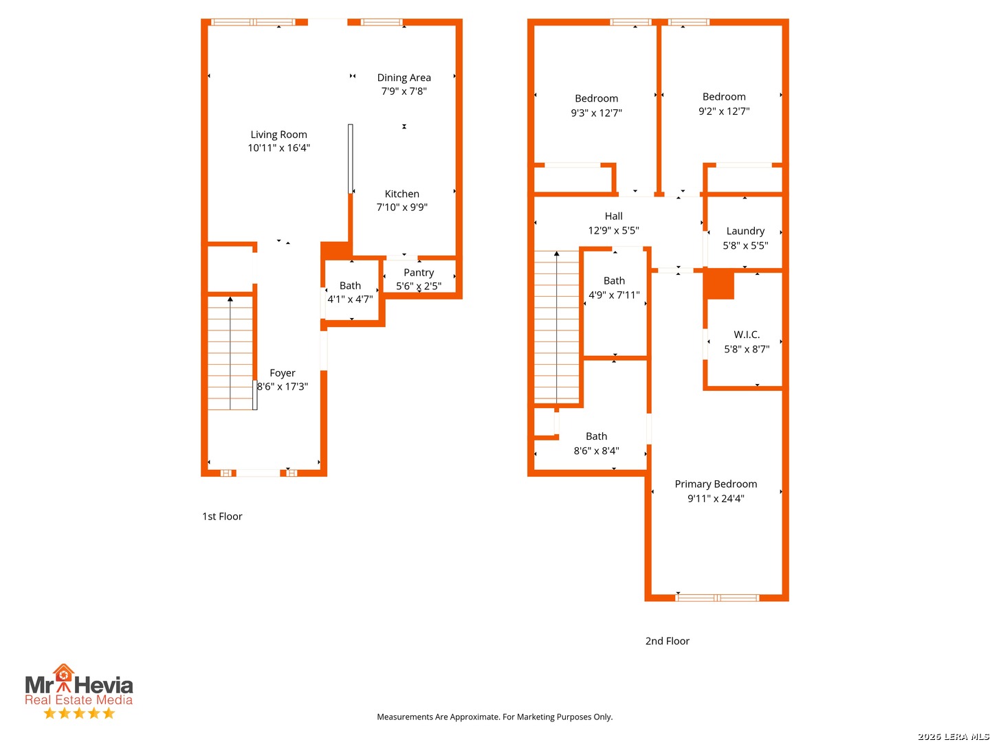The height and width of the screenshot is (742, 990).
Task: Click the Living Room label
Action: pos(278,134)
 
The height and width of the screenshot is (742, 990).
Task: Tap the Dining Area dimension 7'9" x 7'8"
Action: pos(404,91)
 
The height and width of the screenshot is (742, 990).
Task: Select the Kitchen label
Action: pos(401,194)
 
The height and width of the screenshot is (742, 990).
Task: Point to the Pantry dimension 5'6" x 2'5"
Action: pos(418,286)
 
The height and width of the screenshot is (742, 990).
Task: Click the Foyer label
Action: pos(282,372)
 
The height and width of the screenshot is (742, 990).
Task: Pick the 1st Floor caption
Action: pos(221,516)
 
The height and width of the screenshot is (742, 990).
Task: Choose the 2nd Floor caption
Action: pos(667,640)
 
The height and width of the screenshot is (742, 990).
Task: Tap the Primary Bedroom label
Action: pos(715,484)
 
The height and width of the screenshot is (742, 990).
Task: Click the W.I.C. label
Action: pos(746,335)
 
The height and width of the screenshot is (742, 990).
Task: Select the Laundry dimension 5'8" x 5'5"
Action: pos(745,245)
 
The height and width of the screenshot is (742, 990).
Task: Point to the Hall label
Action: pos(613,216)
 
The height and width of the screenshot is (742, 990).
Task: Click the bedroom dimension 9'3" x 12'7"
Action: pos(596,113)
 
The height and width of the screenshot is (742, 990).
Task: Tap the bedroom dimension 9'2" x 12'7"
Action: pos(723,111)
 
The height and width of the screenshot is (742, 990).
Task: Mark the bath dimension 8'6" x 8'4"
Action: pos(596,450)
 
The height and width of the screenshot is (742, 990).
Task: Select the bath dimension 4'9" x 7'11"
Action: pos(613,295)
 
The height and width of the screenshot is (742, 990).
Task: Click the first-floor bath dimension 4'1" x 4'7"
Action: pos(349,299)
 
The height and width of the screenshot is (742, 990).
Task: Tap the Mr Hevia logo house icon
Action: pos(63,675)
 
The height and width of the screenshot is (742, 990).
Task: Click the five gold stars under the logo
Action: pos(79,712)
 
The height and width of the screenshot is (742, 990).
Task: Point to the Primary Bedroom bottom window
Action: pos(716,598)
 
